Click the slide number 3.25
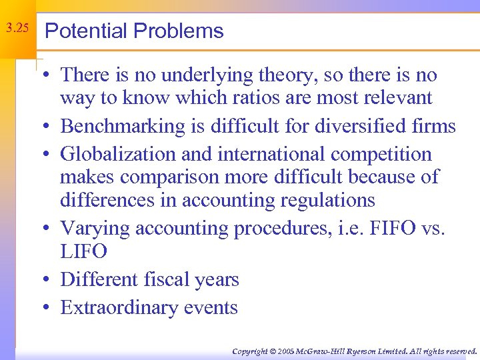[17, 29]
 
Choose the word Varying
[95, 228]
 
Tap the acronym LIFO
[83, 251]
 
